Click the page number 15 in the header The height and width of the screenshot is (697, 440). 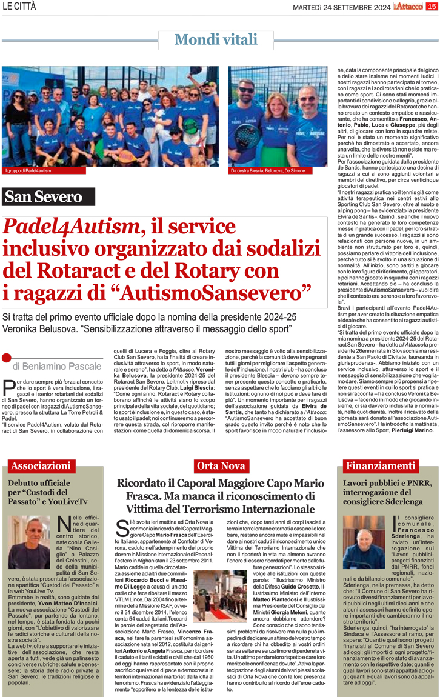click(x=431, y=7)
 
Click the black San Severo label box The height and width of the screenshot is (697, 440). click(x=48, y=196)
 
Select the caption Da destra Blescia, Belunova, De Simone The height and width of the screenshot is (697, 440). click(x=267, y=171)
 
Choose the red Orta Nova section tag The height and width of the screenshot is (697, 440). click(x=220, y=466)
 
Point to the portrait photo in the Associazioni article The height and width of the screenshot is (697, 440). click(x=32, y=541)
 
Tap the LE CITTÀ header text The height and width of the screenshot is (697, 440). click(x=19, y=7)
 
